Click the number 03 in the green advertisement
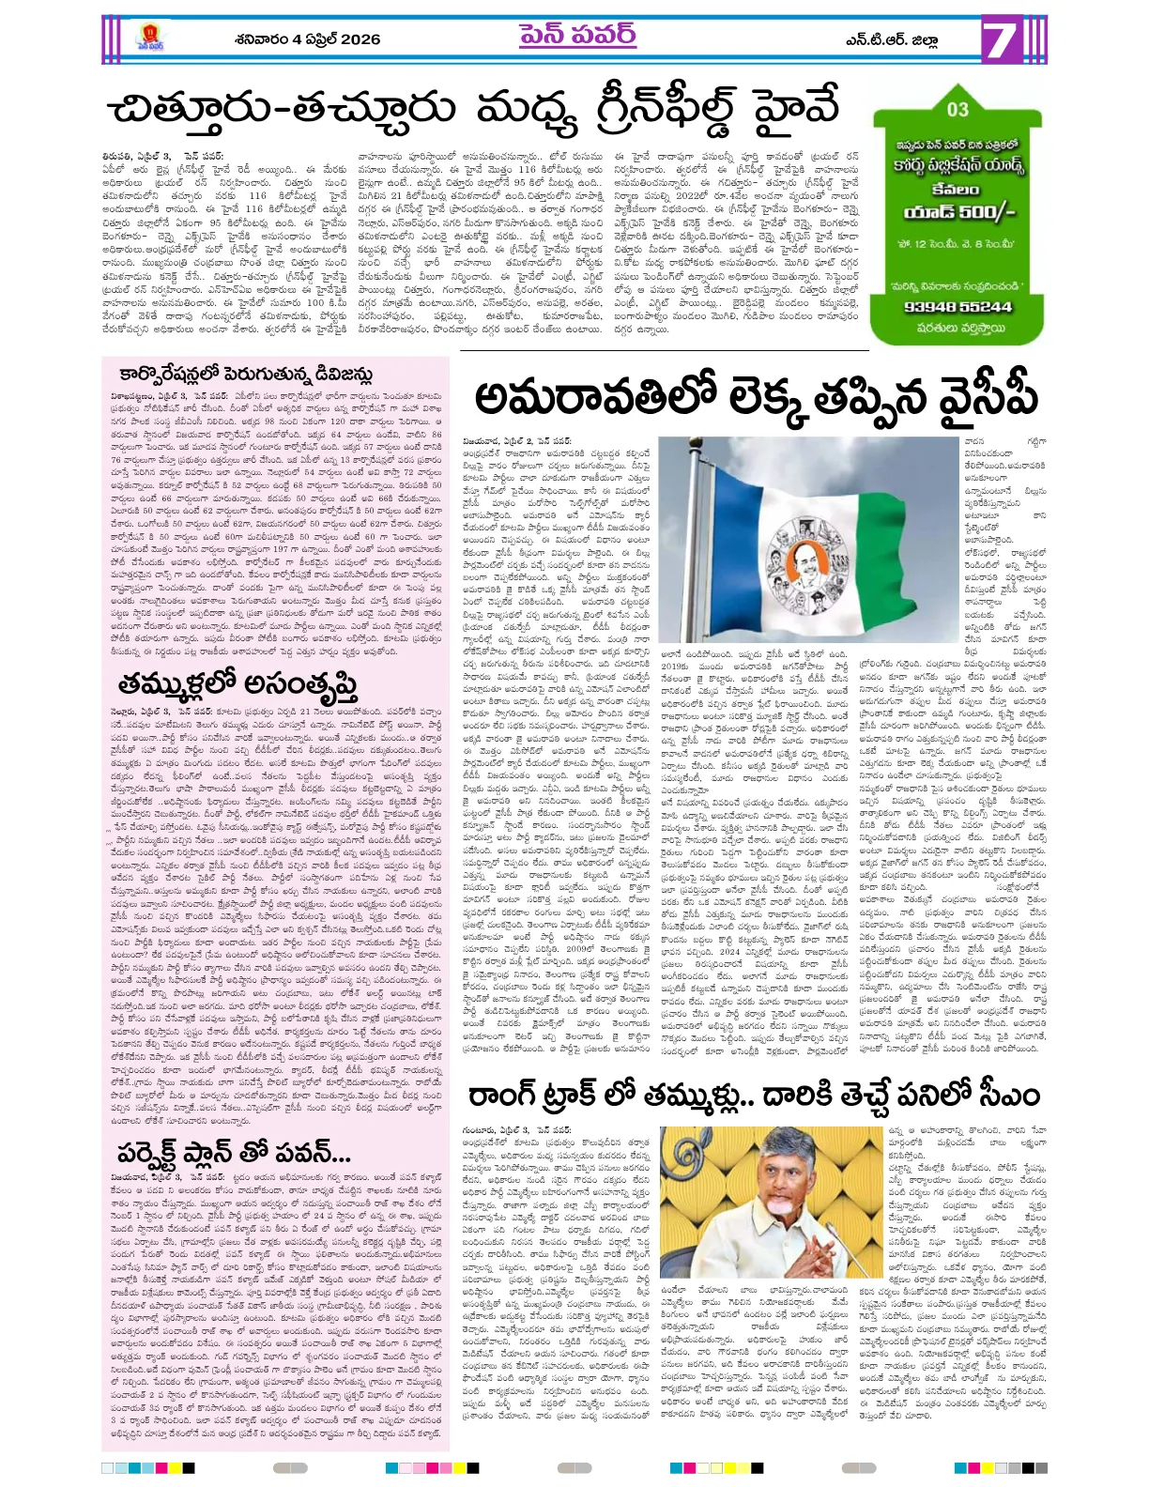click(957, 109)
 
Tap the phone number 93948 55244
click(957, 306)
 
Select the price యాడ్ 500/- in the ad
click(957, 212)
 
